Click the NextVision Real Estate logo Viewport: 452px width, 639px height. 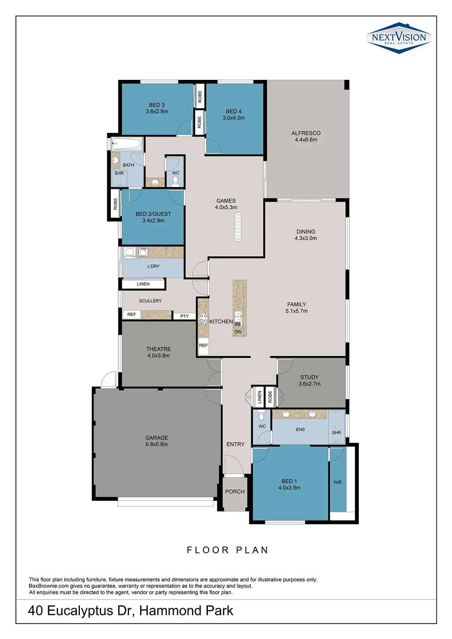[399, 38]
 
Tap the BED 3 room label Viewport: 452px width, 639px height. [157, 105]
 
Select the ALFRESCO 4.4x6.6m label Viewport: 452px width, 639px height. [306, 136]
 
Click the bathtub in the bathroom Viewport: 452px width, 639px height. [127, 143]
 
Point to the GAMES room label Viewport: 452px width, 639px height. [226, 201]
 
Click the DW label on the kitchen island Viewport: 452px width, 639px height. [238, 332]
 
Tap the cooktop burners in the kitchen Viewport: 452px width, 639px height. [203, 318]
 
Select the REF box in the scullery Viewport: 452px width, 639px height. [132, 314]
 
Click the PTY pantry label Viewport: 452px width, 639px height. [185, 316]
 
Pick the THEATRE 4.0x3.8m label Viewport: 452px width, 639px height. [158, 352]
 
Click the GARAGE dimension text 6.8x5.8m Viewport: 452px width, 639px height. [156, 444]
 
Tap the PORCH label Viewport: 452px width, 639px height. [235, 492]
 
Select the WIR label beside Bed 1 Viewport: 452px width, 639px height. [337, 482]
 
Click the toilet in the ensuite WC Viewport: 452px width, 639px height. [261, 416]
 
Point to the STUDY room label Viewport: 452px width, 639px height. [309, 377]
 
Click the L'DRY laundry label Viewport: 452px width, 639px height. [153, 266]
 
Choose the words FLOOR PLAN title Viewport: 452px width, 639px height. [227, 550]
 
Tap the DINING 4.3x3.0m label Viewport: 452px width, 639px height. [305, 235]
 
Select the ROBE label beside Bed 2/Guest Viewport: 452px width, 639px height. [115, 204]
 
